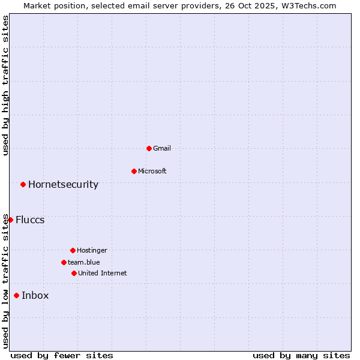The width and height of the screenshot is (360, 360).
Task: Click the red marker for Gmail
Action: point(149,148)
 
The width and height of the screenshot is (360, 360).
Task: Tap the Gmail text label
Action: point(162,148)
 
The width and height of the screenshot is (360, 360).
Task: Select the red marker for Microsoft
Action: point(134,171)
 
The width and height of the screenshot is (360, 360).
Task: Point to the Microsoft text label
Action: point(152,171)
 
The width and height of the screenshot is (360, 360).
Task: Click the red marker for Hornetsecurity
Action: point(23,184)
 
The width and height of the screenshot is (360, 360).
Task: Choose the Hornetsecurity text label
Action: point(63,184)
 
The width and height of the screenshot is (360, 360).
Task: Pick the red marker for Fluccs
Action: point(10,220)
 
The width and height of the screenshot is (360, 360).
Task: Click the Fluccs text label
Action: point(30,220)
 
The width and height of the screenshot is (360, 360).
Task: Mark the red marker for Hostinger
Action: point(73,250)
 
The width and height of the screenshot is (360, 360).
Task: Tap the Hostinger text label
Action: point(92,250)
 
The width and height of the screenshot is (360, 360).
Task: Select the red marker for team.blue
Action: point(64,262)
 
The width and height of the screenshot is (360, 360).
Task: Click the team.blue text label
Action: point(83,262)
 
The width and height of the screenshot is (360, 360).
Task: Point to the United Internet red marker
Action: point(74,273)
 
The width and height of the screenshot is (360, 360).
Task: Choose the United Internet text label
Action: point(102,273)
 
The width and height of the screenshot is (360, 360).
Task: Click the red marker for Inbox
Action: point(16,295)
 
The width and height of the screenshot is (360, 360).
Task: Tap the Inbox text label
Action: point(35,295)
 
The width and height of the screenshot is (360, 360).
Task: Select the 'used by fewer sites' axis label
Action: point(62,355)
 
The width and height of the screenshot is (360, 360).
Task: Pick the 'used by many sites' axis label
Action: point(301,355)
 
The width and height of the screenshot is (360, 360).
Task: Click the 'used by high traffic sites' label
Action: point(5,85)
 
